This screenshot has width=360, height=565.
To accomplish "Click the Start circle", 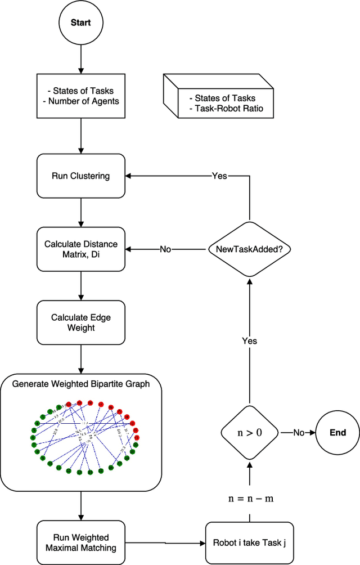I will coord(81,24).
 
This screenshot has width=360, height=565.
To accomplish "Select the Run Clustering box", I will coord(81,176).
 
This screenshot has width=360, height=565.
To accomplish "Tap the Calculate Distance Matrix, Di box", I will coord(81,249).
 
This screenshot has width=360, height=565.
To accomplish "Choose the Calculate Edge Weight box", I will coord(81,322).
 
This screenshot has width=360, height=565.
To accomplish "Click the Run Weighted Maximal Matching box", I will coord(81,542).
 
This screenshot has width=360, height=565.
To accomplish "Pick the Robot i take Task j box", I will coord(248,543).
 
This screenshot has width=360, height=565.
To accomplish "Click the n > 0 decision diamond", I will coord(249,432).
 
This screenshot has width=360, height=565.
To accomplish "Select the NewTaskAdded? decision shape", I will coord(248,249).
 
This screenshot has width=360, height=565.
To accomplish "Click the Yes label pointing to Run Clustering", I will coord(219,176).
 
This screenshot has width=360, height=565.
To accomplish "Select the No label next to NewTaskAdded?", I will coord(166,249).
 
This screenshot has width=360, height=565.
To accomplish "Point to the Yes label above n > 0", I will coord(249,341).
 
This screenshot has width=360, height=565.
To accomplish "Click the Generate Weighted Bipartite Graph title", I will coord(81,384).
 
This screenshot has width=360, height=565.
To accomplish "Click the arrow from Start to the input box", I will coord(81,60).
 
